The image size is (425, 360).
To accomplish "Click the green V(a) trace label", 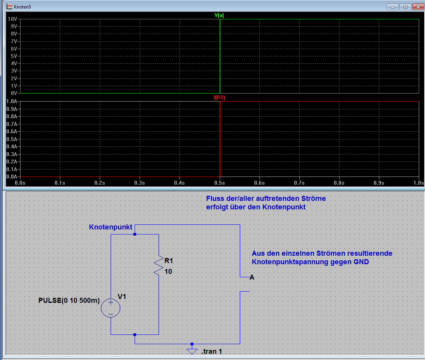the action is coord(219,15).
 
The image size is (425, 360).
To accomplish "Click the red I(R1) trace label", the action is coord(219,97).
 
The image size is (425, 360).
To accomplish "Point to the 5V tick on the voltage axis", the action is coord(14,56).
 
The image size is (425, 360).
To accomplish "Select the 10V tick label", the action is coord(12,19).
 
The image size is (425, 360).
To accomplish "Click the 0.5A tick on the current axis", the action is coord(12,139).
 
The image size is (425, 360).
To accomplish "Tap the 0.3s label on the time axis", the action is coord(140,183).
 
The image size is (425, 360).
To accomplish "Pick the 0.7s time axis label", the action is coord(299,183).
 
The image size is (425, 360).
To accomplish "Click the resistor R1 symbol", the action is coord(159,266).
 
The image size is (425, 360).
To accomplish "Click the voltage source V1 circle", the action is coord(111,308).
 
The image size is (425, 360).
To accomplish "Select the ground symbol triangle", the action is coord(192,352).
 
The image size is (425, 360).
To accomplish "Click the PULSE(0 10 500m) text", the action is coord(69,301).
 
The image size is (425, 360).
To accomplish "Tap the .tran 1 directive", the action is coord(212,352).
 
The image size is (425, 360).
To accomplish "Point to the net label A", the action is coord(252,277).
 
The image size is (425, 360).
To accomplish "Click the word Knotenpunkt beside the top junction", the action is coord(111,227).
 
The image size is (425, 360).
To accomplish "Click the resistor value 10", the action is coord(168,272).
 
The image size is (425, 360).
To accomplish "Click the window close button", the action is coord(418,7).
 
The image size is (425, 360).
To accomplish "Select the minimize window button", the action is coord(393,7).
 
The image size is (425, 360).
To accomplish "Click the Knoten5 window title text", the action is coord(22,7).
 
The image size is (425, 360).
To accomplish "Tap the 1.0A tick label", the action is coord(12,101).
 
